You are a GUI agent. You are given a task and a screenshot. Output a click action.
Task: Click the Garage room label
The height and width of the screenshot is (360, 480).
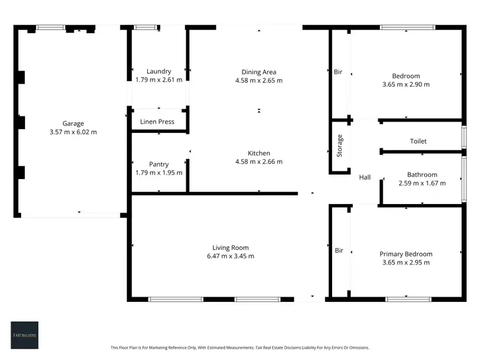point(73,123)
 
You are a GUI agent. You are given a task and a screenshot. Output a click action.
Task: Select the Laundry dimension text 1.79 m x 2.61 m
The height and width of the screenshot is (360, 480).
point(159,80)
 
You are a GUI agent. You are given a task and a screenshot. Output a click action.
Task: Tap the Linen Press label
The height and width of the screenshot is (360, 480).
point(157,121)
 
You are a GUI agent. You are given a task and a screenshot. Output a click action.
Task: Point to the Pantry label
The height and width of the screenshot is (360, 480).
point(159,164)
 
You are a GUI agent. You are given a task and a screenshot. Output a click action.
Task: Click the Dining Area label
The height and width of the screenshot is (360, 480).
point(259,72)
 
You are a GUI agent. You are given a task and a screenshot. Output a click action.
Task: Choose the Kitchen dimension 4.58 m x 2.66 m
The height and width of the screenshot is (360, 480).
point(259,162)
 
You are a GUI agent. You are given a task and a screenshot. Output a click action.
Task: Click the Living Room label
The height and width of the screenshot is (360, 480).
point(230,247)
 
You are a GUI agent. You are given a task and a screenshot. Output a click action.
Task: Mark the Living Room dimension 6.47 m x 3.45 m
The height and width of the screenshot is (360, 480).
point(230,256)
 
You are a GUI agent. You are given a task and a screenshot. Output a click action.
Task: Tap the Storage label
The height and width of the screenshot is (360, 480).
point(340,146)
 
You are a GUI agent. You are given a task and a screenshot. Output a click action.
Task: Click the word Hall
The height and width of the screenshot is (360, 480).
point(365,178)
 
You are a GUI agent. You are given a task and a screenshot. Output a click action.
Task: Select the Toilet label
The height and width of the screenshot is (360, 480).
point(418,141)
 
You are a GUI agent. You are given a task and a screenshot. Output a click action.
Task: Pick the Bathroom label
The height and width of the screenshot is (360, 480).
point(422,175)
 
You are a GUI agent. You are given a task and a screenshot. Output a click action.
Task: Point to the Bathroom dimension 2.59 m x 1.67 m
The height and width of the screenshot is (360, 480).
point(422,183)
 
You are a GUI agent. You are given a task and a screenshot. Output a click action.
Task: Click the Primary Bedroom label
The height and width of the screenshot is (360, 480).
point(406,254)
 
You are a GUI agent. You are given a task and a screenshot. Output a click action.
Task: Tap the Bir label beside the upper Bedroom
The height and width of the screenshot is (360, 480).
point(339,72)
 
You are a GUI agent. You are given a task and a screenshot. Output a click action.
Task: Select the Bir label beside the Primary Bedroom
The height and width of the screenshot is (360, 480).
point(339,250)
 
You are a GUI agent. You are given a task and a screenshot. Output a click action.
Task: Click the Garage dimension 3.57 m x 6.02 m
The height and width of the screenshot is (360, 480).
point(73,132)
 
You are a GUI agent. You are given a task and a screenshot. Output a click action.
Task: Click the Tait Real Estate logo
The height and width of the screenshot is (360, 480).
point(24,334)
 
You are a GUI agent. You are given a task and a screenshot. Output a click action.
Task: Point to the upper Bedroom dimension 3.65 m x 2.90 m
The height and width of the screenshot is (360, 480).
point(406,84)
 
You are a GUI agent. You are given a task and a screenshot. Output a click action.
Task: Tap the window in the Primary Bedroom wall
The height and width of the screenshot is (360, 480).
point(408,299)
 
